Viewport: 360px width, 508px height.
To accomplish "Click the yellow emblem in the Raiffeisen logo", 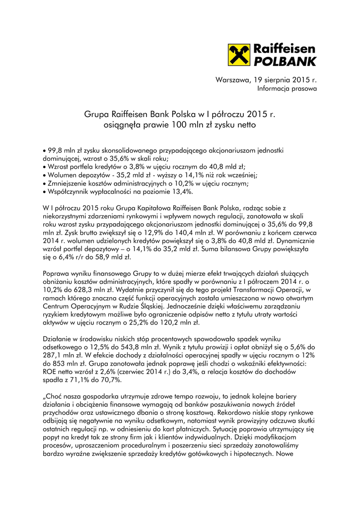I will [x=239, y=55].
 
